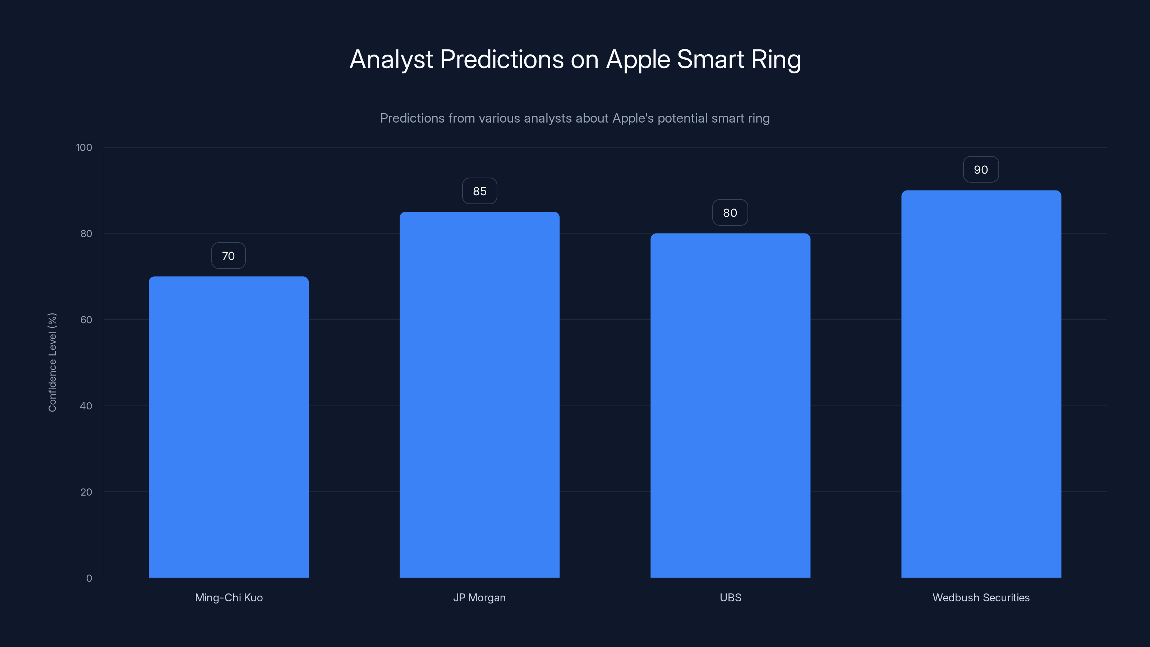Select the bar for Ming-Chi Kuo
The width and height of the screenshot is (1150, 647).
tap(229, 427)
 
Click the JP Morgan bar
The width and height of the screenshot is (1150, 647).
tap(479, 395)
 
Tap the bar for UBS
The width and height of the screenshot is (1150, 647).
tap(730, 405)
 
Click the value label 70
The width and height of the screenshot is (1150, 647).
tap(229, 256)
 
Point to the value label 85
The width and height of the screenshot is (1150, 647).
tap(479, 191)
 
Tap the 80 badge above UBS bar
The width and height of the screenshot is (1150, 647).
tap(730, 212)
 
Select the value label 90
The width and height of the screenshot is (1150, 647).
tap(981, 170)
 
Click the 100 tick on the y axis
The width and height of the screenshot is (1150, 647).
tap(84, 147)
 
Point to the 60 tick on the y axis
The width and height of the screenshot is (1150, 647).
tap(86, 320)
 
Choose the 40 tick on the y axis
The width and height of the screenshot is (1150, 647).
tap(86, 406)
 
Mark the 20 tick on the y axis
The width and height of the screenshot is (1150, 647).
tap(86, 492)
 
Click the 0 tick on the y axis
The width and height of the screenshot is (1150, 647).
tap(89, 578)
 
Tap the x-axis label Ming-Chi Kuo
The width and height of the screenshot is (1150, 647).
tap(229, 597)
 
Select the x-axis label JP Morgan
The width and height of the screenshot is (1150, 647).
tap(479, 597)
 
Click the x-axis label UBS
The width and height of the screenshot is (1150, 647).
tap(730, 597)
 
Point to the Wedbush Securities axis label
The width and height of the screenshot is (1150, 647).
tap(981, 597)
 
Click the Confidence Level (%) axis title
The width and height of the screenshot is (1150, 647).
tap(52, 362)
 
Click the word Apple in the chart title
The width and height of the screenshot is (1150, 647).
tap(638, 59)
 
